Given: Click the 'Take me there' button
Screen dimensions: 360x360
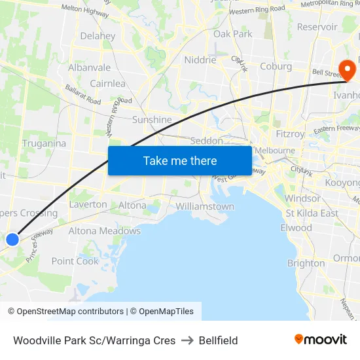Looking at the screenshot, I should point(180,160).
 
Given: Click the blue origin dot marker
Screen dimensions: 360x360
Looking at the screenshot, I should point(12,240).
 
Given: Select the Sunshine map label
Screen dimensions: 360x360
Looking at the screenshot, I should point(152,120).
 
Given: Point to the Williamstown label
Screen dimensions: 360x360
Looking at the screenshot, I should point(205,206).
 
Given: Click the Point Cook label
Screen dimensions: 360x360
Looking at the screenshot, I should point(75,261).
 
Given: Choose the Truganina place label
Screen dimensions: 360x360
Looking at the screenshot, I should point(44,143).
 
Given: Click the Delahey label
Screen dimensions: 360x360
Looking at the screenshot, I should point(98,36).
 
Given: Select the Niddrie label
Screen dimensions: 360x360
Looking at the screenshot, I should point(200,60).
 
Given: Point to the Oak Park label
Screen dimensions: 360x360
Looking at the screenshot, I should point(232,33).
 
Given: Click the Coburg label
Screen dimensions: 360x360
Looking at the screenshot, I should point(276,66).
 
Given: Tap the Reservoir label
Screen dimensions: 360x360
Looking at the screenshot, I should point(317,27).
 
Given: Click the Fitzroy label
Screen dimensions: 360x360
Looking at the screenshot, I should point(290,134).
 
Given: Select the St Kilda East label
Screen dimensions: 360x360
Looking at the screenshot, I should point(312,213).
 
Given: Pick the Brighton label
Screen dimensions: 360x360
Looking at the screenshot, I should point(306,263).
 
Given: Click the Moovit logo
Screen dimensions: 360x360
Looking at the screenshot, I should point(320,340).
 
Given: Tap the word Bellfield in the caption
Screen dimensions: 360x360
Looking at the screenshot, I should point(219,340).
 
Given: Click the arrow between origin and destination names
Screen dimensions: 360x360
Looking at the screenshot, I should point(188,340).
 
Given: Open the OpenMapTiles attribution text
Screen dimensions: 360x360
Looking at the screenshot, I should point(162,312).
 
